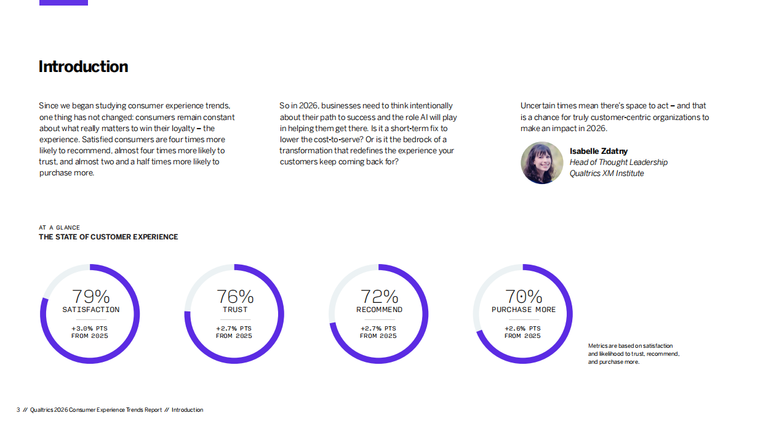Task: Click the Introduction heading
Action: pos(83,66)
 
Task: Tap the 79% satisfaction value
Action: pos(90,297)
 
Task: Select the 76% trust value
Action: pos(234,297)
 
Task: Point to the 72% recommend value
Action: pos(379,297)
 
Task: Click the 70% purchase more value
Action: pos(524,297)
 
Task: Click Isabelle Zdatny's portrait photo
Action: pos(542,162)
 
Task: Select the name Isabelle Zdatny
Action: pos(598,151)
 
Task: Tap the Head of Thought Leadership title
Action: pos(618,162)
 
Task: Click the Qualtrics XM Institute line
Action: pos(607,174)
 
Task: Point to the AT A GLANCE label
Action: pos(59,228)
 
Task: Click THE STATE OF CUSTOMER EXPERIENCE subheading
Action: pos(108,237)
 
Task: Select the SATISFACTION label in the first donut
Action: pos(90,310)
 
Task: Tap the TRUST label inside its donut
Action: pos(234,310)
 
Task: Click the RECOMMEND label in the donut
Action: pos(379,310)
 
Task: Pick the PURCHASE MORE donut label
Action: pos(524,310)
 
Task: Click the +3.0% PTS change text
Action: pos(89,329)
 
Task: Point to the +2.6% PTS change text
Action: pos(522,329)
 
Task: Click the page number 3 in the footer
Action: pos(18,410)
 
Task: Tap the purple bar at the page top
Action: pos(63,2)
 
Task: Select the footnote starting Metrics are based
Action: pos(633,354)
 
